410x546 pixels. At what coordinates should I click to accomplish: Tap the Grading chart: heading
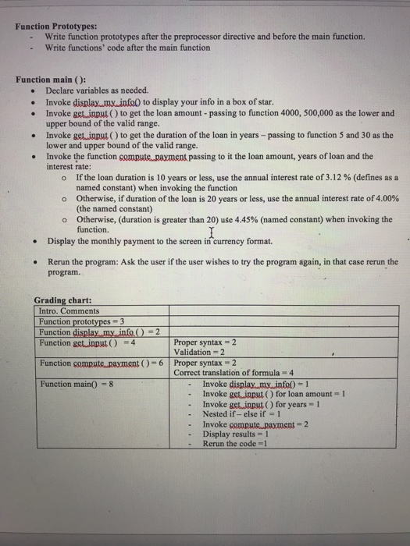63,300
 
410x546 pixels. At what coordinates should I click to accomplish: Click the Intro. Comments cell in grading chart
71,310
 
